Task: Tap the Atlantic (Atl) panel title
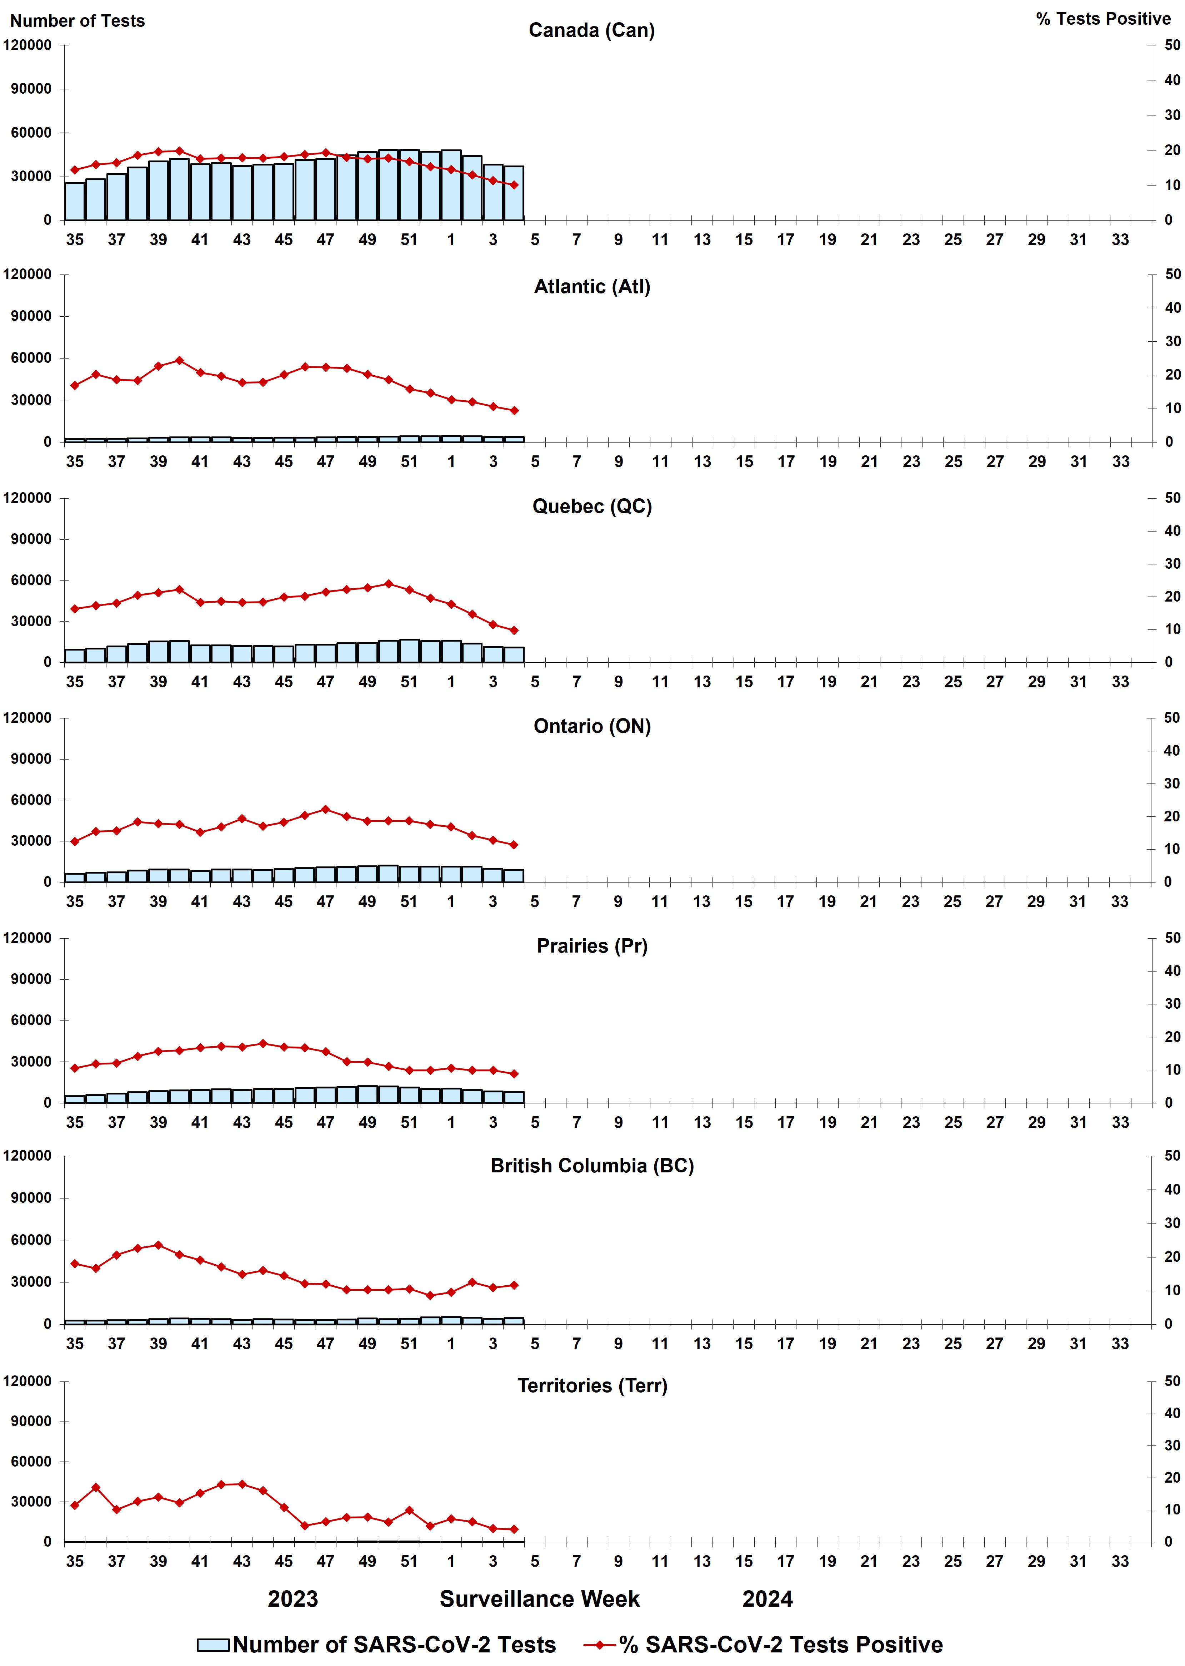(x=592, y=287)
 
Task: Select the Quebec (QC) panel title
(x=592, y=506)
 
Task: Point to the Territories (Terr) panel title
(x=592, y=1386)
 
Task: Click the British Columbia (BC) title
(x=592, y=1166)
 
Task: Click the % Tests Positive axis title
(x=1102, y=19)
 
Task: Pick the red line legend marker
(x=600, y=1645)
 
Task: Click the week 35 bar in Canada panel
(x=74, y=202)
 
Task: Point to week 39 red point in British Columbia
(x=158, y=1245)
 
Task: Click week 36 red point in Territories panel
(x=96, y=1487)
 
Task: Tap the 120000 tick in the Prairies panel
(x=28, y=938)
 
